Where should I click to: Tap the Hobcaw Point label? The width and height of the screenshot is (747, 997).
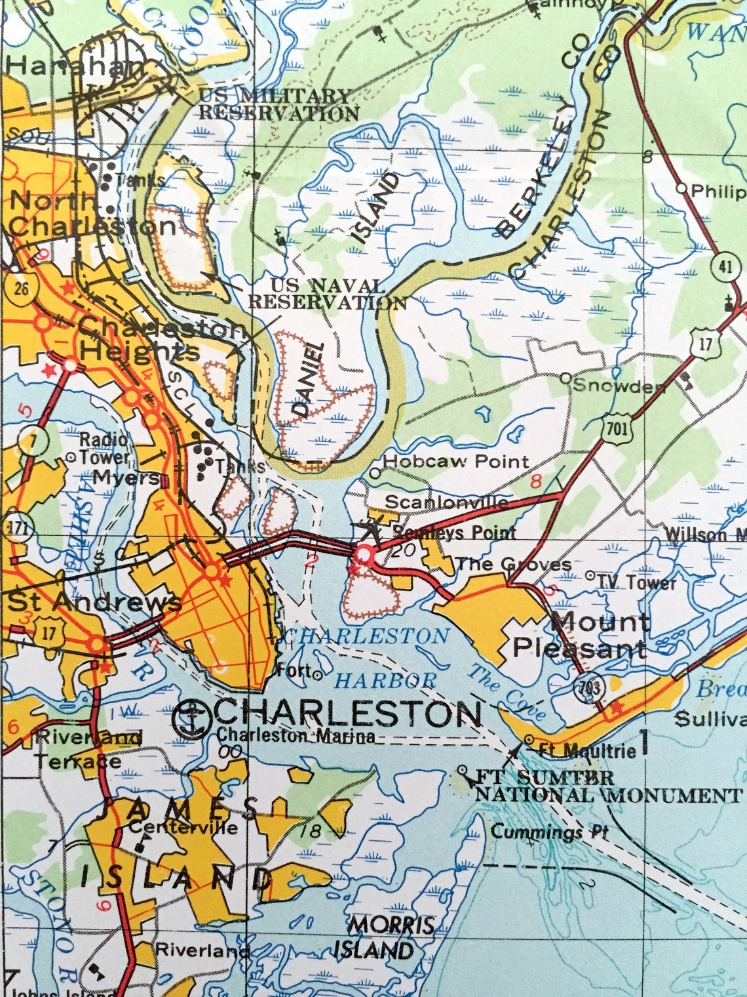455,462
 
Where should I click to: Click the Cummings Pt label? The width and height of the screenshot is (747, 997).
549,832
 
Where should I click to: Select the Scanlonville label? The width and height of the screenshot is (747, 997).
446,502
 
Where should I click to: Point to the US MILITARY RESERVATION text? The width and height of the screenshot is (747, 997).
278,104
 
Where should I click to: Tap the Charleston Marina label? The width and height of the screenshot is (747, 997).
296,736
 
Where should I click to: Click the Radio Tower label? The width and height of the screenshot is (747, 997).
104,447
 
